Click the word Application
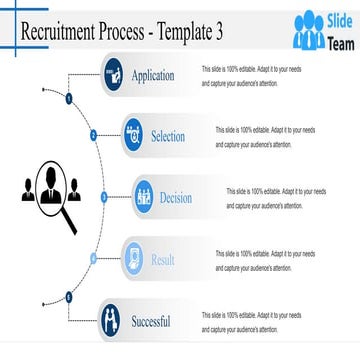pos(153,76)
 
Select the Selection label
pos(168,137)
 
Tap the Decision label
pos(176,198)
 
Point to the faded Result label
pos(163,260)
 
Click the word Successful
pos(151,322)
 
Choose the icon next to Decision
pos(144,197)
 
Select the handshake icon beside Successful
pos(112,321)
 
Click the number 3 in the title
pos(218,33)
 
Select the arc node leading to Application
pos(68,100)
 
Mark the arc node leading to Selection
pos(93,134)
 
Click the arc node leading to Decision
pos(103,196)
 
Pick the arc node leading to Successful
pos(69,296)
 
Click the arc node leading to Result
pos(93,258)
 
